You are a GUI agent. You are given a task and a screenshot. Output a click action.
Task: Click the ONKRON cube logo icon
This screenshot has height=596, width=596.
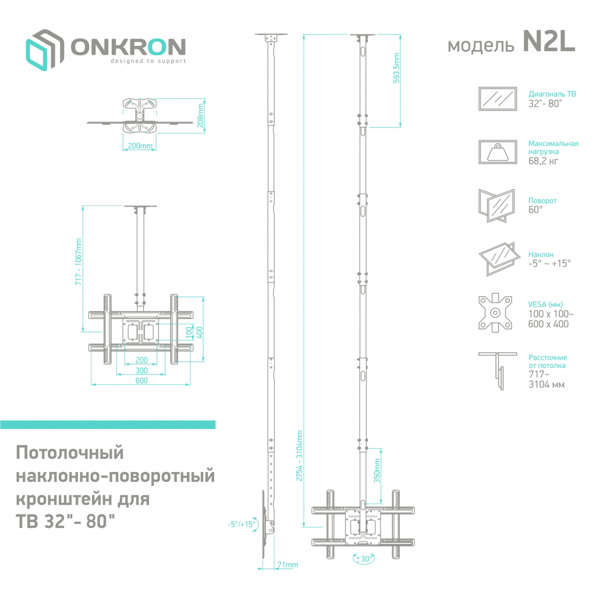point(44,49)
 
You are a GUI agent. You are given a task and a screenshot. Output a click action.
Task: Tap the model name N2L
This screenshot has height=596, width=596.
point(548,42)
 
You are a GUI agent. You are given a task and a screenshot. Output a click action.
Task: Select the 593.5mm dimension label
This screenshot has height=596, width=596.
point(396,69)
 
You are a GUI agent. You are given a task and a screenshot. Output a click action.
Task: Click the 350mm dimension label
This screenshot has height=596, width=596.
point(377,470)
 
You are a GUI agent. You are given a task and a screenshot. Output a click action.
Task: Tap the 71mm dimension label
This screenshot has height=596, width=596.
point(288,565)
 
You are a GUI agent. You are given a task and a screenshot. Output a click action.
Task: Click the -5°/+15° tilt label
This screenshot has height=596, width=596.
point(242,524)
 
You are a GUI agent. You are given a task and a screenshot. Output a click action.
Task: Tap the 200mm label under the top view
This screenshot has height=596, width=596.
point(140,146)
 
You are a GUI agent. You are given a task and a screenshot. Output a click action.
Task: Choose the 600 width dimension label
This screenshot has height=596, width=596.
point(141,381)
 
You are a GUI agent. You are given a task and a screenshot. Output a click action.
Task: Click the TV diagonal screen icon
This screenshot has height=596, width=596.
point(497,98)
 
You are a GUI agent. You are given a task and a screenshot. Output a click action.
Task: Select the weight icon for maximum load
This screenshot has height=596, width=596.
point(497,152)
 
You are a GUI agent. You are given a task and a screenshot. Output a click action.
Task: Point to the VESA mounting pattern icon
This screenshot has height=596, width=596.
point(495,313)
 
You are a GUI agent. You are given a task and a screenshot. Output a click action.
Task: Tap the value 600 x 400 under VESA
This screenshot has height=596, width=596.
point(548,324)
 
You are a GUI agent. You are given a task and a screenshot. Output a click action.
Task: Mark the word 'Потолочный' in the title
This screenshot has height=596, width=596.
point(70,452)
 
